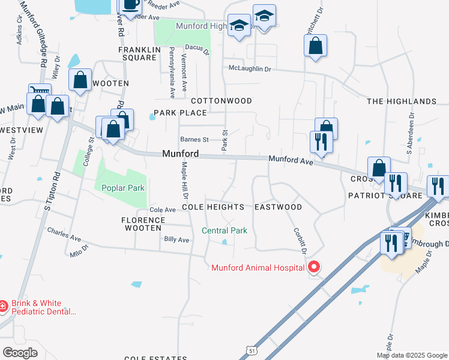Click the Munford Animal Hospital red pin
(x=313, y=267)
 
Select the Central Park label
(x=224, y=230)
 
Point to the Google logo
(x=20, y=352)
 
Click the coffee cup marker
(x=131, y=5)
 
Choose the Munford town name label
(x=180, y=154)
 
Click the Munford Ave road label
(x=291, y=160)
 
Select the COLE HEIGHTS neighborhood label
(x=213, y=207)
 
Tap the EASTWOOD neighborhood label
(x=278, y=207)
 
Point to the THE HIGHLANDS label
(x=402, y=101)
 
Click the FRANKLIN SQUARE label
(x=137, y=54)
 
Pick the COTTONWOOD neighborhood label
(x=221, y=101)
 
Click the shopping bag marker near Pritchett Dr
(x=315, y=46)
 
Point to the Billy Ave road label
(x=176, y=240)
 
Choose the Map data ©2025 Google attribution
(x=412, y=355)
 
